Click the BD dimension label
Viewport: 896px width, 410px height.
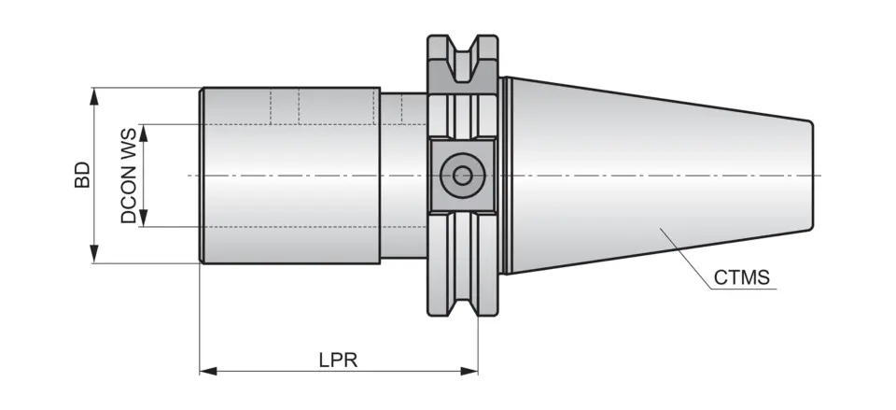pyautogui.click(x=82, y=176)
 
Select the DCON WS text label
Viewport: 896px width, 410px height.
pyautogui.click(x=129, y=176)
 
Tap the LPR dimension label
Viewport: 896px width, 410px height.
pyautogui.click(x=339, y=360)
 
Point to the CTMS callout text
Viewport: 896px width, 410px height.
pyautogui.click(x=741, y=277)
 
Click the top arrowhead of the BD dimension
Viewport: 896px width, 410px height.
pyautogui.click(x=93, y=94)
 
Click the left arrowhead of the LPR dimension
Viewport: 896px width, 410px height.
pyautogui.click(x=208, y=372)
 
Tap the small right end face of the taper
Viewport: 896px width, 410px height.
pyautogui.click(x=810, y=176)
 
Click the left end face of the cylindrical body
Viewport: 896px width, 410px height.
pyautogui.click(x=203, y=176)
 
